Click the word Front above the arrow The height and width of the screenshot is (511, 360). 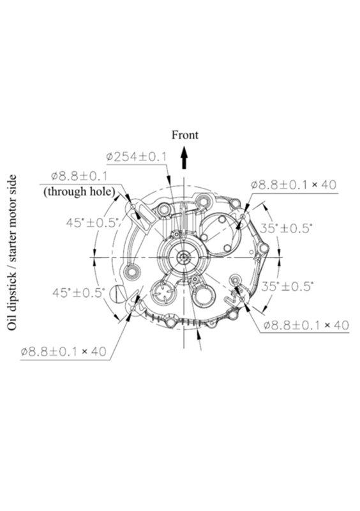tap(184, 135)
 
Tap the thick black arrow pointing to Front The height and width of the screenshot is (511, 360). tap(184, 157)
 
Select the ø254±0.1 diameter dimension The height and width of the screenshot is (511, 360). tap(136, 156)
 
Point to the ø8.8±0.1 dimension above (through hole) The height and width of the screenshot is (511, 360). tap(79, 176)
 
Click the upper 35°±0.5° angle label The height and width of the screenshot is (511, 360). tap(286, 228)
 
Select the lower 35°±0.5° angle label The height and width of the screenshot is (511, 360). tap(287, 286)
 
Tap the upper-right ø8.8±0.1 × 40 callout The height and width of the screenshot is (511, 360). tap(294, 185)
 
